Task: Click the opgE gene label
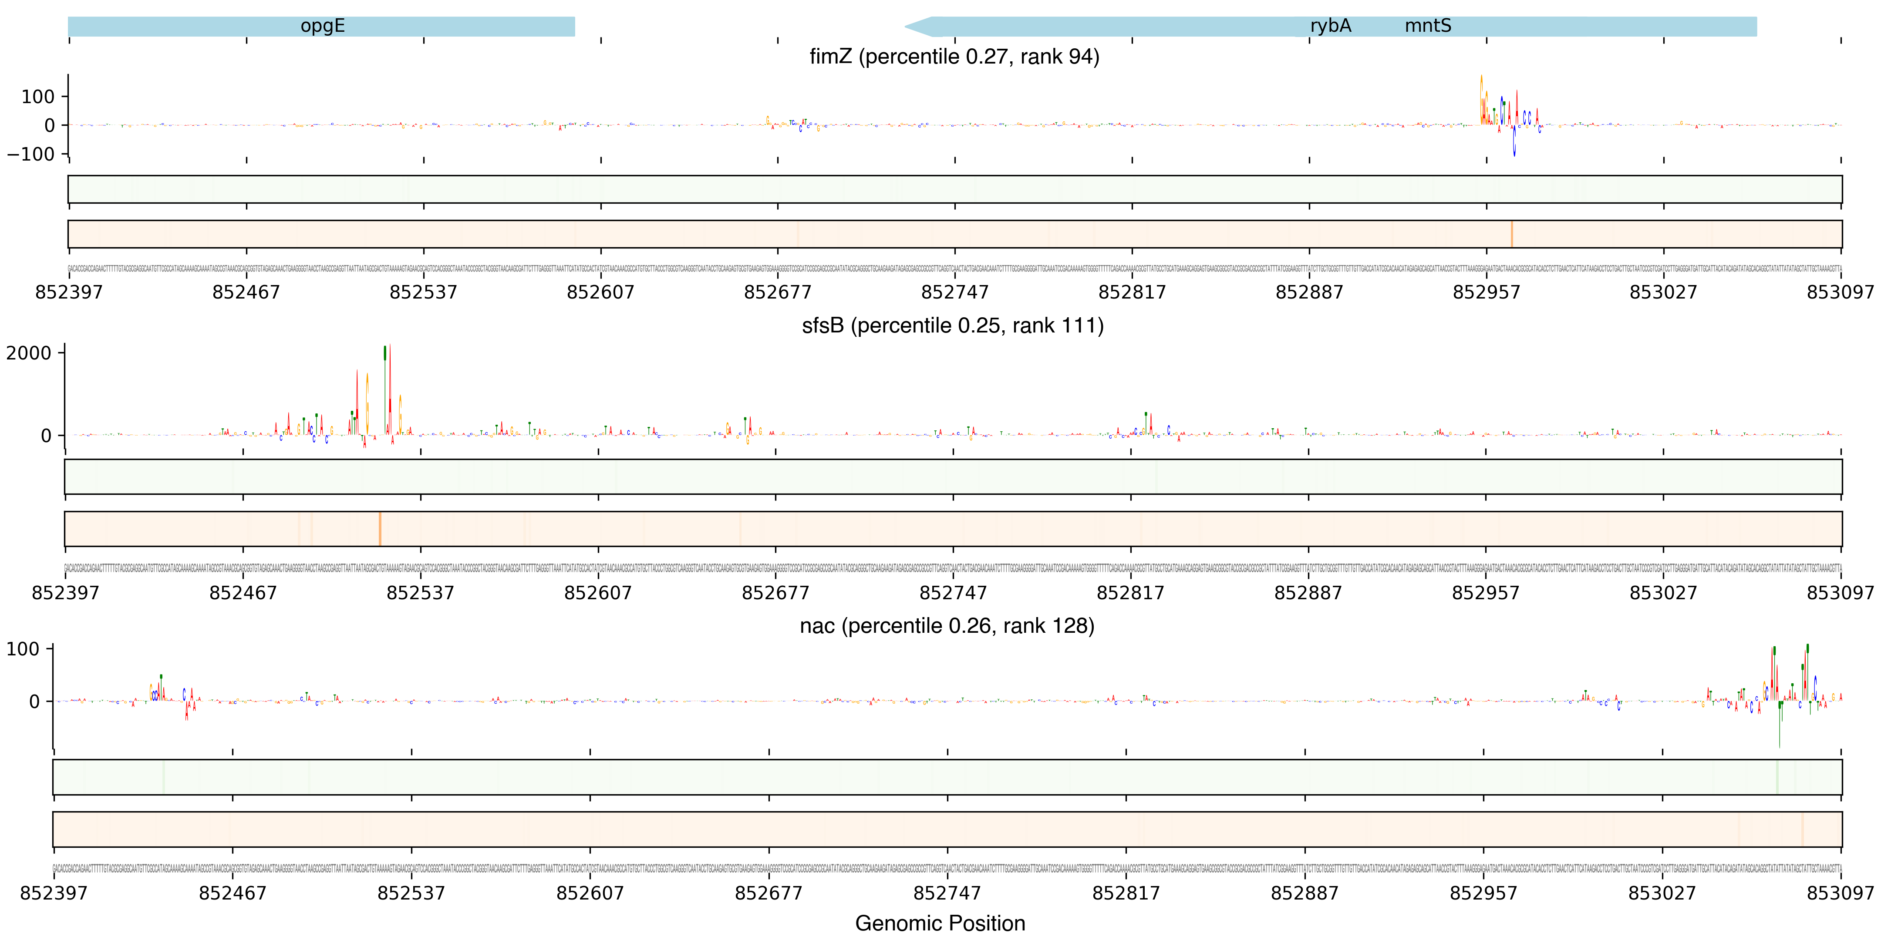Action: [x=322, y=26]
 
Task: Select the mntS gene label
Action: [x=1428, y=26]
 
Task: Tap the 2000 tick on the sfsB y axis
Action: [x=28, y=353]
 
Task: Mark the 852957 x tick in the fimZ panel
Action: [x=1486, y=292]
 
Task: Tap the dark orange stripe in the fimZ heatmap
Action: [x=1511, y=234]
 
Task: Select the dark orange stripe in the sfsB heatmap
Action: [x=380, y=528]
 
